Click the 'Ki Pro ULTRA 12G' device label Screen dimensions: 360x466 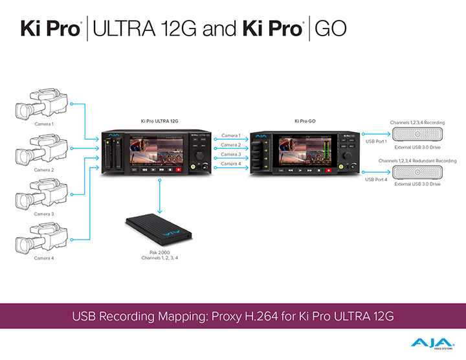point(160,121)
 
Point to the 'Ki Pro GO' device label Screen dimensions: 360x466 point(305,121)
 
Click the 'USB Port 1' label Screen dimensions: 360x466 point(376,141)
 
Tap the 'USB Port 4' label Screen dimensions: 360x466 point(376,179)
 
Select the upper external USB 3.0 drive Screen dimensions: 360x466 point(417,134)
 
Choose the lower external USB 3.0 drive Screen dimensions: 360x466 point(417,172)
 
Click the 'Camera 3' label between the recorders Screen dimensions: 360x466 point(230,154)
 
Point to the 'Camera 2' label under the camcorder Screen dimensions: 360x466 point(43,170)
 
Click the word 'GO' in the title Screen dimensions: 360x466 point(335,28)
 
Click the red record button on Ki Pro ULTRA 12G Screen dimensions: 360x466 point(179,169)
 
